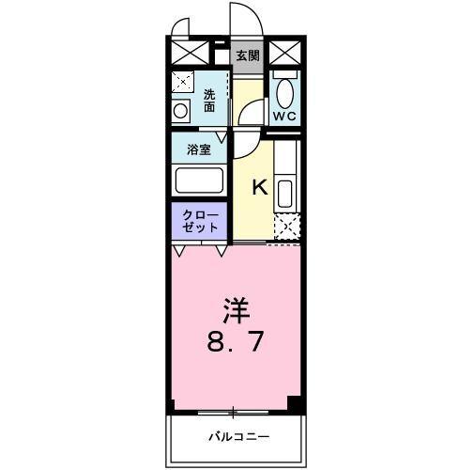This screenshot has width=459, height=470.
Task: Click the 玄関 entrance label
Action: tap(247, 55)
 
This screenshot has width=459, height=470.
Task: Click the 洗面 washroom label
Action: tap(210, 100)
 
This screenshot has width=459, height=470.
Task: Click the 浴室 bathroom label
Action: tap(197, 149)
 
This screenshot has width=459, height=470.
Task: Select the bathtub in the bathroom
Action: tap(198, 180)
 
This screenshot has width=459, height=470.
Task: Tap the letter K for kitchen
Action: tap(260, 187)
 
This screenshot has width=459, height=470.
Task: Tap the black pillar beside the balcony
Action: tap(294, 405)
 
